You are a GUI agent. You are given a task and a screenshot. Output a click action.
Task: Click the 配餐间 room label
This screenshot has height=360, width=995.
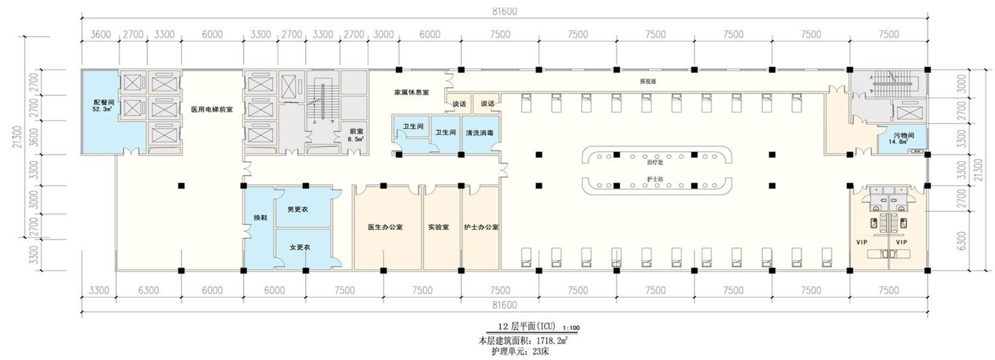coord(104,102)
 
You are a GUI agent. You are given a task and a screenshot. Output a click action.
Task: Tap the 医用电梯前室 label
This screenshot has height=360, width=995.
coord(212,110)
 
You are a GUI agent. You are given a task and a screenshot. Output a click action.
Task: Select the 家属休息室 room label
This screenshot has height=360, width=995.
coord(411,93)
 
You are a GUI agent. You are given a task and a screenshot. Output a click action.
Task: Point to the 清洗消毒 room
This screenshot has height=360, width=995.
coord(479,133)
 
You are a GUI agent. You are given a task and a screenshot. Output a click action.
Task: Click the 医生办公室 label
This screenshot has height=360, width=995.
coord(385,227)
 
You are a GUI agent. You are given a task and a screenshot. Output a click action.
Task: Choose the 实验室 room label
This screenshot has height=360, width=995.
coord(438,227)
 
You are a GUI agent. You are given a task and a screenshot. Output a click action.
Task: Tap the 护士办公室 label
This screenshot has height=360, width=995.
coord(481,227)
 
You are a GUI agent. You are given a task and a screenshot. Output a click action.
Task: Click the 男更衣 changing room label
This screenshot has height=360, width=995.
coord(297,210)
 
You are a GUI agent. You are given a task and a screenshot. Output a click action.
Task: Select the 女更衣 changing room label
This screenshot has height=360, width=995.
coord(299,247)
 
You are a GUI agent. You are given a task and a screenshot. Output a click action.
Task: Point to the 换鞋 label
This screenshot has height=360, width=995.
coord(260,218)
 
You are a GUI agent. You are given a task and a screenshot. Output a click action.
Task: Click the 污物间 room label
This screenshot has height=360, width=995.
coord(904,136)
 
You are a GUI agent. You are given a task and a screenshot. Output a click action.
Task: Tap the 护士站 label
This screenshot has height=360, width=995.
coord(655,179)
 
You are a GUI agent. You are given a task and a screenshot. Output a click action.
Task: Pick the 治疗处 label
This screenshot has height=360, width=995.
coord(655,162)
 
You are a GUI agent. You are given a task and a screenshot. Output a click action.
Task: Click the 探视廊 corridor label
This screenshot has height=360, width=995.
coord(648,82)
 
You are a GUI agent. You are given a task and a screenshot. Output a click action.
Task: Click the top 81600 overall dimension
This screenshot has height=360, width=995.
coord(504,11)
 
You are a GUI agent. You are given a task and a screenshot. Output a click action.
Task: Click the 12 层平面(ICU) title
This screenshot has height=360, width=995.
coord(526,326)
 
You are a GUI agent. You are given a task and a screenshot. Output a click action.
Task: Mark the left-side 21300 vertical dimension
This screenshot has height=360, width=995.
coord(18,137)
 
